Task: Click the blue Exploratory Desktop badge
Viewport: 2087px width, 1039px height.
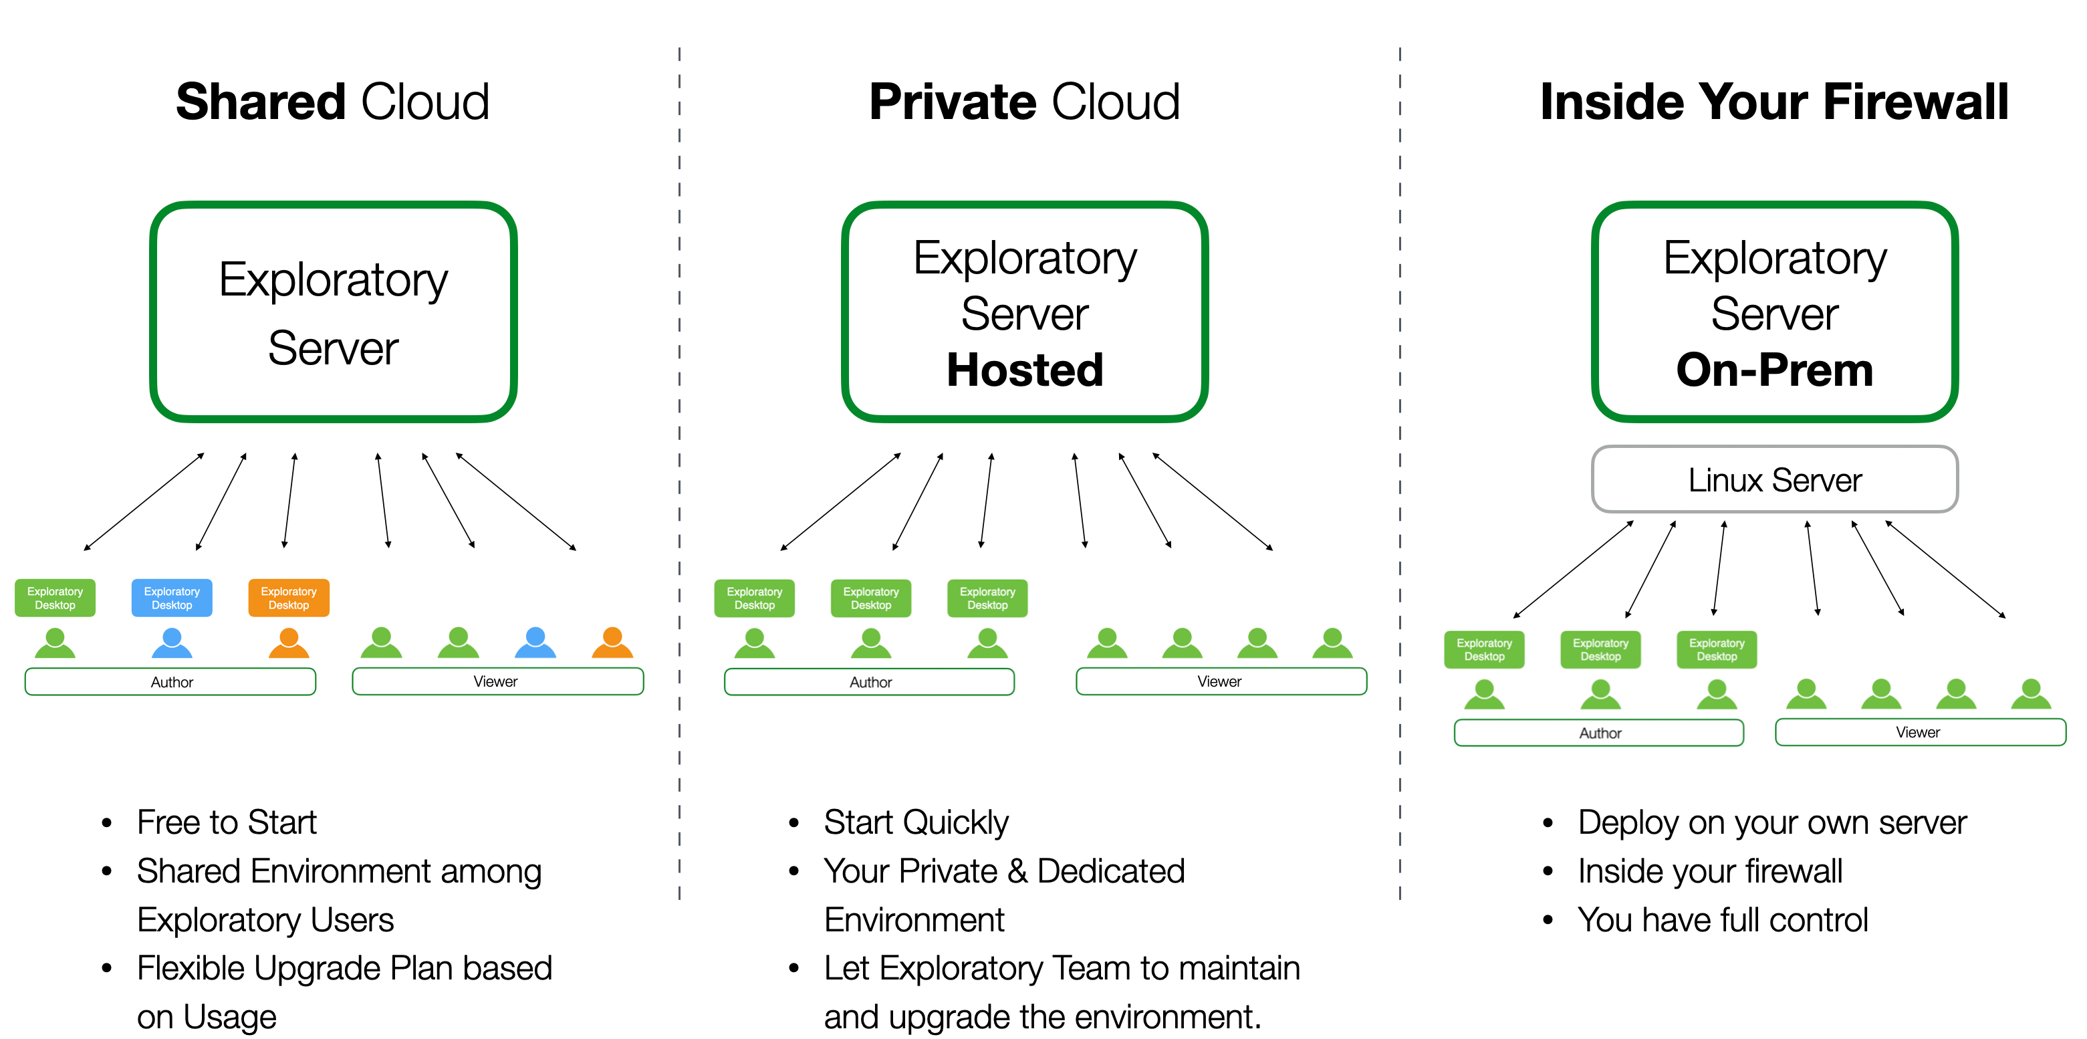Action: tap(172, 598)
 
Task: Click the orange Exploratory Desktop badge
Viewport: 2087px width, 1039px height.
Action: tap(288, 598)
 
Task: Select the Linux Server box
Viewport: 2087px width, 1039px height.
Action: tap(1774, 480)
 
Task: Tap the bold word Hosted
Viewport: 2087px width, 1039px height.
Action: tap(1025, 370)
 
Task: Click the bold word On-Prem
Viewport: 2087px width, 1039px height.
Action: tap(1774, 370)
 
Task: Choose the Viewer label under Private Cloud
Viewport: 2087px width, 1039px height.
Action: tap(1219, 681)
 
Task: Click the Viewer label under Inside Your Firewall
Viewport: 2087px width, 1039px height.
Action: tap(1918, 733)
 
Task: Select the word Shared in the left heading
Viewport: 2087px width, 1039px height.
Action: tap(261, 102)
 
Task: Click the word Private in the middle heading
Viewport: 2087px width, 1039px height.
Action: tap(953, 102)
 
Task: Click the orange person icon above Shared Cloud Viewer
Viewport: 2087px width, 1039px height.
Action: tap(612, 643)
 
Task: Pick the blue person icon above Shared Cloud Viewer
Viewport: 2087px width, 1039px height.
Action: tap(535, 643)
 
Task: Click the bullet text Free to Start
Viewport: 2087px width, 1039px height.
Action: tap(226, 822)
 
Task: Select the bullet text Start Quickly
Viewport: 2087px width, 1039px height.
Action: tap(916, 822)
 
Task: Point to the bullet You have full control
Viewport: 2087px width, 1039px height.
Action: tap(1723, 920)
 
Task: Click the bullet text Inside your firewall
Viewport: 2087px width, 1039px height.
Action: tap(1709, 871)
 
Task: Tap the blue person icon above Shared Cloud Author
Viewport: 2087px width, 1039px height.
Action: tap(172, 643)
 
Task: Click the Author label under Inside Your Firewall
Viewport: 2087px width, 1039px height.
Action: tap(1600, 733)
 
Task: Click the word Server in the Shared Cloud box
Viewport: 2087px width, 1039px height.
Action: tap(333, 348)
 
